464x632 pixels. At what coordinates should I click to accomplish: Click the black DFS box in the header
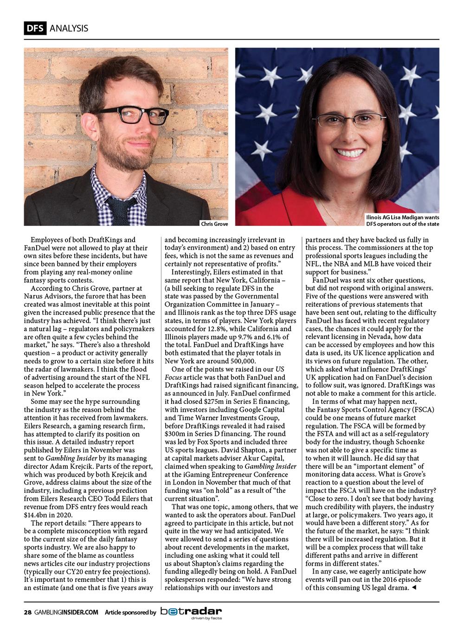click(35, 28)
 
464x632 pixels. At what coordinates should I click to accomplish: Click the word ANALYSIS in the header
click(68, 28)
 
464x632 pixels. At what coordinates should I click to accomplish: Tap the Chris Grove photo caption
click(214, 224)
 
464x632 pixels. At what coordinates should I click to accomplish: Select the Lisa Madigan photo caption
click(402, 221)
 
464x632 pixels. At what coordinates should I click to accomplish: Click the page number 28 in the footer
click(28, 612)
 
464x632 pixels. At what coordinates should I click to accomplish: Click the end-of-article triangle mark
click(414, 588)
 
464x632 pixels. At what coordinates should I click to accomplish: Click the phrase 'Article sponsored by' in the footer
click(130, 612)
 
